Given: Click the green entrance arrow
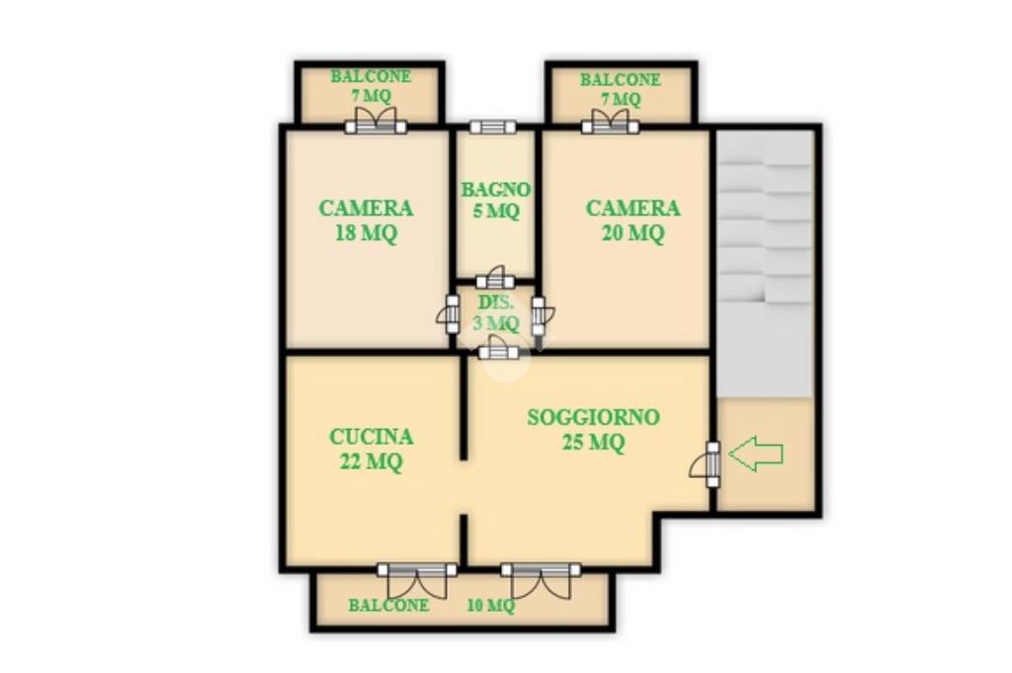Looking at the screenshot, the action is pos(756,454).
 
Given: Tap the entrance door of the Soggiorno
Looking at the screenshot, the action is pos(706,464).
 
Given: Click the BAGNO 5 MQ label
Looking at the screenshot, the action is pos(496,200).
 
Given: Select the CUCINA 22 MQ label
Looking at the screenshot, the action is pos(372,449).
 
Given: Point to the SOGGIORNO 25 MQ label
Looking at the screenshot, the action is pos(593,430).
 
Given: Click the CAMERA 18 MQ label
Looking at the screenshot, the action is pos(366,220).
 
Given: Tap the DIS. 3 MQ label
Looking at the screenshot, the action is pos(496,312).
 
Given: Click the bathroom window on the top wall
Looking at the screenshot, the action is pos(492,126).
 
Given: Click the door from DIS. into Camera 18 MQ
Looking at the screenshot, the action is pos(450,314).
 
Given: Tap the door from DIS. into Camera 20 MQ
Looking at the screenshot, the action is pos(541,315).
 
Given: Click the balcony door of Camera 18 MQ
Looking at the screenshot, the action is pos(376,121).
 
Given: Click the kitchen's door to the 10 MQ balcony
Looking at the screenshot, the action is pos(417,580).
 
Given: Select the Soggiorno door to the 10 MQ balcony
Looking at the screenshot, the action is pos(541,580).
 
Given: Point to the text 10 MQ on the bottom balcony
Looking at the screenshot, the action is pos(490,605).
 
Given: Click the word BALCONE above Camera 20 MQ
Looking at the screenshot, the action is pos(621,79).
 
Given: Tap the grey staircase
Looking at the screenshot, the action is pos(765,263).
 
